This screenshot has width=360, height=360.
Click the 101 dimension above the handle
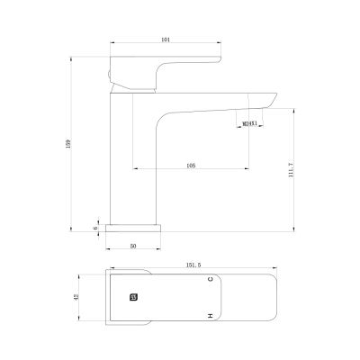(x=164, y=39)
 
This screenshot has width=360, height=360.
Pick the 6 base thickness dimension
(x=96, y=228)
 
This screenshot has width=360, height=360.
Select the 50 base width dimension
(x=133, y=245)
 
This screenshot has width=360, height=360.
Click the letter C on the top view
(x=210, y=280)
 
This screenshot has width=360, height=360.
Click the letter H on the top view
(x=210, y=315)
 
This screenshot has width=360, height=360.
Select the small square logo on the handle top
(x=134, y=295)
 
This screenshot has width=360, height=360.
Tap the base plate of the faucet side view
(x=133, y=228)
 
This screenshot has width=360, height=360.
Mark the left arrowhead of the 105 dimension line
(x=136, y=169)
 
